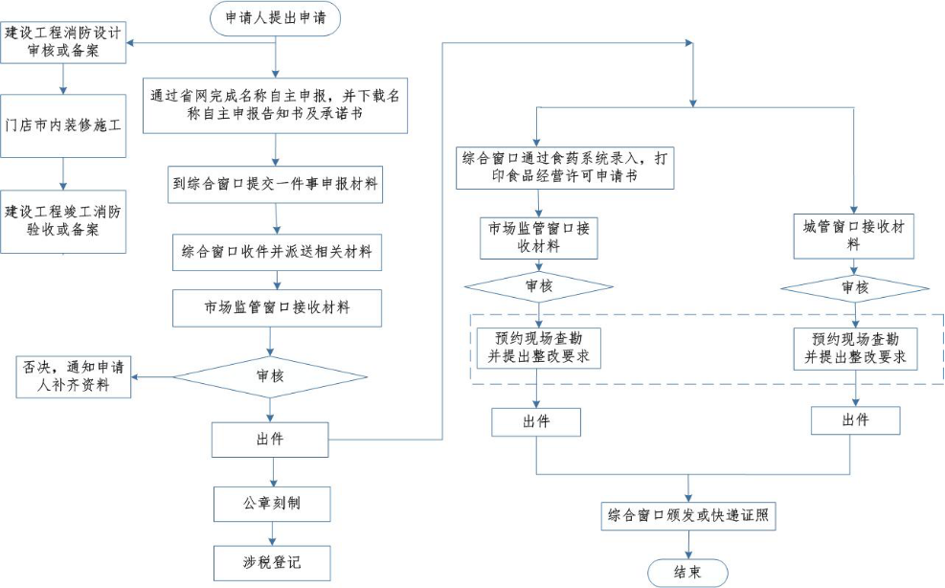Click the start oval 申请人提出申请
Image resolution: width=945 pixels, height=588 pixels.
click(275, 18)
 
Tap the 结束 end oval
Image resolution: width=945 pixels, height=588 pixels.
click(687, 572)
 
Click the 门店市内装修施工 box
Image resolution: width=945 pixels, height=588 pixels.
click(63, 125)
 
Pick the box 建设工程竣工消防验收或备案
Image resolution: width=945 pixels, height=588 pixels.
click(63, 221)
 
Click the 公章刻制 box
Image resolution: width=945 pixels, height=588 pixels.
click(271, 503)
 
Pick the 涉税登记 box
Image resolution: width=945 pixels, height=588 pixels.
click(271, 562)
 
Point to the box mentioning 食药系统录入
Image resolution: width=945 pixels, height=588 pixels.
click(566, 167)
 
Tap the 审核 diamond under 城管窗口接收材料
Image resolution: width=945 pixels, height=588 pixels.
click(855, 287)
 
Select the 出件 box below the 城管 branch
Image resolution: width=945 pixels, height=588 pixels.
click(855, 420)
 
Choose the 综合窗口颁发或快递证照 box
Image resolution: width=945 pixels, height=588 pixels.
click(687, 516)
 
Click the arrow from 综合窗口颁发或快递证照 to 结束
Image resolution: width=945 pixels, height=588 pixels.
click(688, 543)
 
